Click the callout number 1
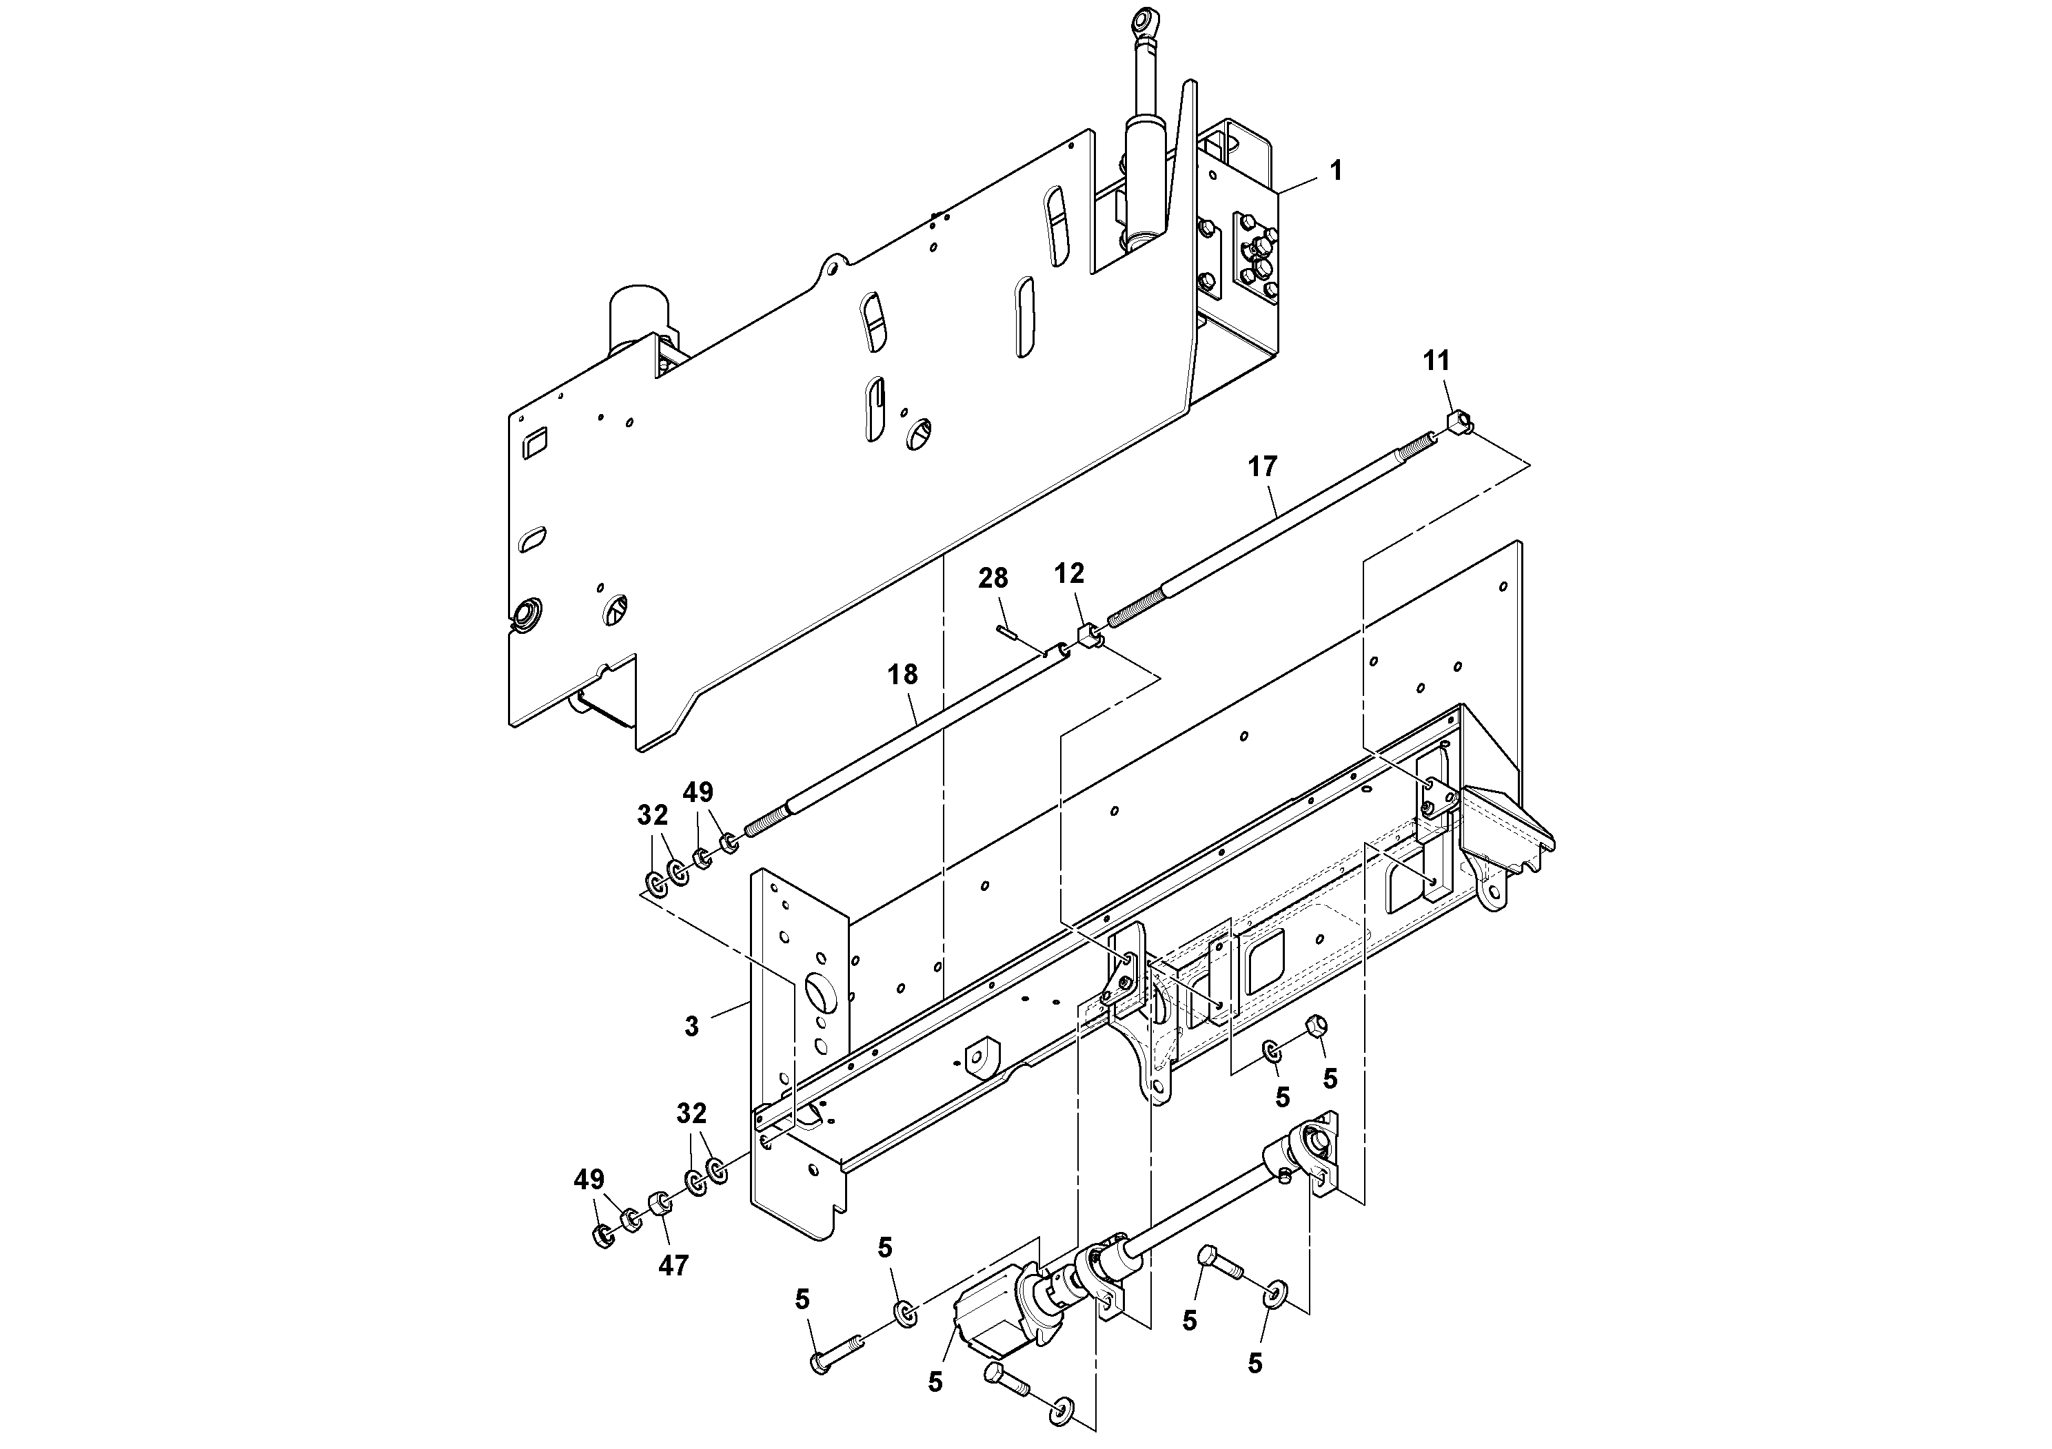click(1336, 171)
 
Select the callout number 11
click(1436, 361)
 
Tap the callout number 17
click(1263, 466)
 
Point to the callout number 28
click(993, 579)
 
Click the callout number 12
click(1069, 573)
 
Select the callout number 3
click(692, 1027)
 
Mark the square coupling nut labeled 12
click(1088, 639)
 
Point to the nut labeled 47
click(658, 1203)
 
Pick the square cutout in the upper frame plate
click(536, 443)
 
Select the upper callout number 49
click(698, 792)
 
